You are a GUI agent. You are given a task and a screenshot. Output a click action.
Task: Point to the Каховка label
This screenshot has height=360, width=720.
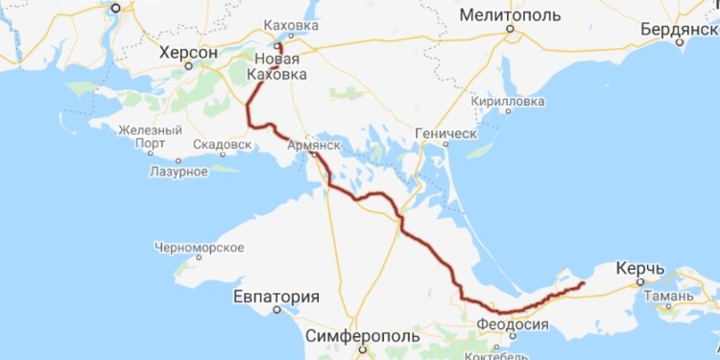click(x=290, y=25)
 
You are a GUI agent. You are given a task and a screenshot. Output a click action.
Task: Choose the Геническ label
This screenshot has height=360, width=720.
click(x=445, y=132)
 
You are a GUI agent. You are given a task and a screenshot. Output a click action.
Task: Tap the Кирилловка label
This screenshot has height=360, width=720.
click(x=507, y=100)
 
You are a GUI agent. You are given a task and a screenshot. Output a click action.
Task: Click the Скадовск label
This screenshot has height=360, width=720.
click(x=222, y=145)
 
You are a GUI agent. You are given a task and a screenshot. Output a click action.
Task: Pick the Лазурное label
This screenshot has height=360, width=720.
click(x=179, y=171)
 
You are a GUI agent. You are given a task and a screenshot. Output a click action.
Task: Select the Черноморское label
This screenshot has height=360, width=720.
click(x=199, y=247)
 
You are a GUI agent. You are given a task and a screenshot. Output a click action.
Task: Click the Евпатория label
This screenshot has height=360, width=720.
click(x=276, y=297)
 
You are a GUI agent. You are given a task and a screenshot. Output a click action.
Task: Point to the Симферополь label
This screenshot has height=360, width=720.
click(x=363, y=337)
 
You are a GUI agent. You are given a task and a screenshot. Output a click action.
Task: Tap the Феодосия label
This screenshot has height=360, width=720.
click(x=513, y=324)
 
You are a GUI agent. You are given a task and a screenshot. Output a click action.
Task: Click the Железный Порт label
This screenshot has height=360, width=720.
click(x=150, y=137)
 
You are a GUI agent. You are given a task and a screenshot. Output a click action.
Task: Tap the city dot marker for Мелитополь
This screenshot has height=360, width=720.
click(x=511, y=29)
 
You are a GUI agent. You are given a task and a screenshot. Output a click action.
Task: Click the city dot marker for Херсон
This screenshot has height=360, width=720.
click(x=188, y=65)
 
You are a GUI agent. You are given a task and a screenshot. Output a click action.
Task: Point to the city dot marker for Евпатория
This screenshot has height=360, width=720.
click(x=276, y=311)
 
